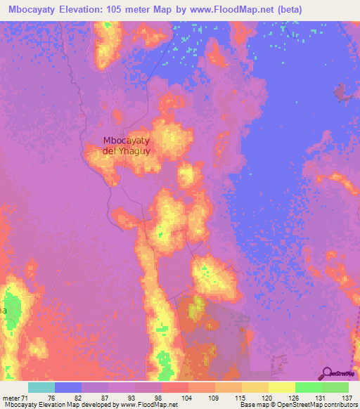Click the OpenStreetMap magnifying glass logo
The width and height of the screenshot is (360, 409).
click(x=327, y=374)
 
